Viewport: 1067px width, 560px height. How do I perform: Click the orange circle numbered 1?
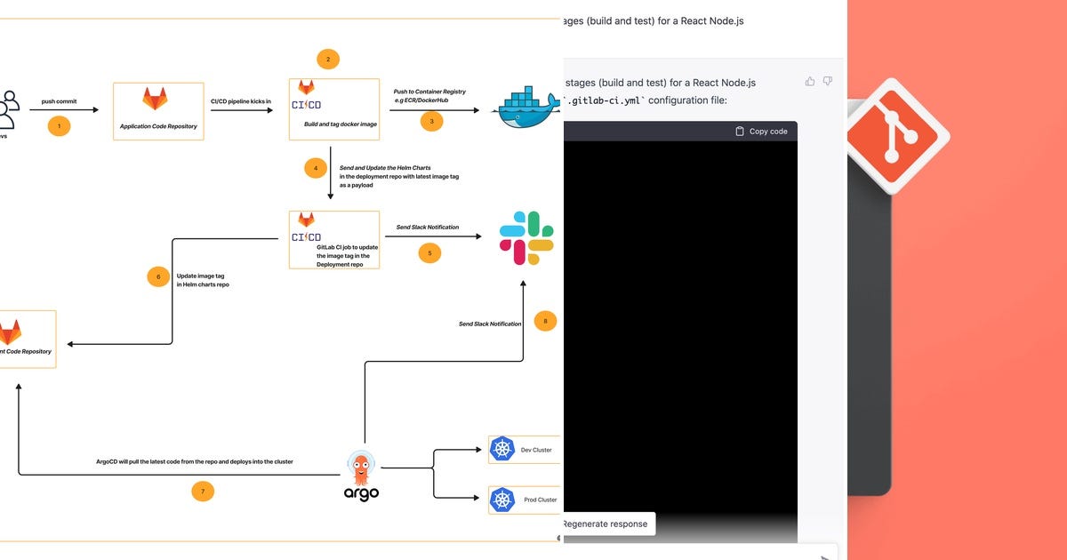pos(59,126)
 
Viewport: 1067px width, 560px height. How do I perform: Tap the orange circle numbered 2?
pos(328,60)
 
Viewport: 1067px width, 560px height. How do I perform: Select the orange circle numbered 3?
pos(431,121)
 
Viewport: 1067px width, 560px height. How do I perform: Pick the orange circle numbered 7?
pos(203,491)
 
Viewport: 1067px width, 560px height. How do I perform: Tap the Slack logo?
pos(526,237)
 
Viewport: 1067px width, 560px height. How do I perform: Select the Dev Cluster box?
pos(525,450)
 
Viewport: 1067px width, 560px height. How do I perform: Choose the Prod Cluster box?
pos(525,500)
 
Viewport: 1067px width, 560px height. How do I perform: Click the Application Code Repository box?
pos(158,111)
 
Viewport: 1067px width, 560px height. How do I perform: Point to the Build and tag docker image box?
pos(334,109)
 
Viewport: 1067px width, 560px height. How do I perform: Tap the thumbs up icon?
pos(810,82)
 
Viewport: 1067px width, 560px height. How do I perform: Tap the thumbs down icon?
pos(828,82)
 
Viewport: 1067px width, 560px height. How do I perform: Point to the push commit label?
pos(59,101)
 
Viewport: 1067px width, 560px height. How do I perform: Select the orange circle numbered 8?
pos(545,321)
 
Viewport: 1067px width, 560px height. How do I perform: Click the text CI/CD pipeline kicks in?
pos(241,101)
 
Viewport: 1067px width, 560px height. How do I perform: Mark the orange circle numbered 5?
pos(429,253)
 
